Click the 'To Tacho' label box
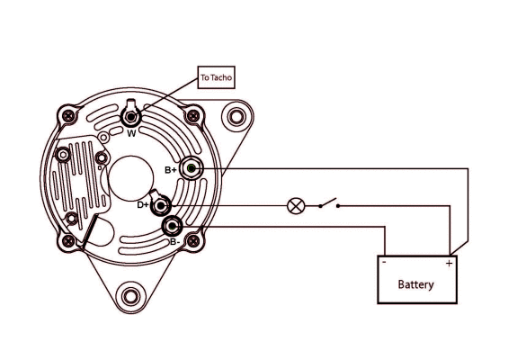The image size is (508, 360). [216, 78]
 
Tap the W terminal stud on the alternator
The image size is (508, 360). [132, 116]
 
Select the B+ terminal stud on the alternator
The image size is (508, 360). [192, 167]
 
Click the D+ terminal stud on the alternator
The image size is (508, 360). [162, 205]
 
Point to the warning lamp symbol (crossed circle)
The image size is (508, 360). [294, 205]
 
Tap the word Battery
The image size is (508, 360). [416, 284]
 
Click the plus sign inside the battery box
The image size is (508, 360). [449, 264]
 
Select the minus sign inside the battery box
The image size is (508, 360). [384, 264]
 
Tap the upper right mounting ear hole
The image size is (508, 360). [236, 116]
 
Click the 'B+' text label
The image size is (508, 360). [171, 169]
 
